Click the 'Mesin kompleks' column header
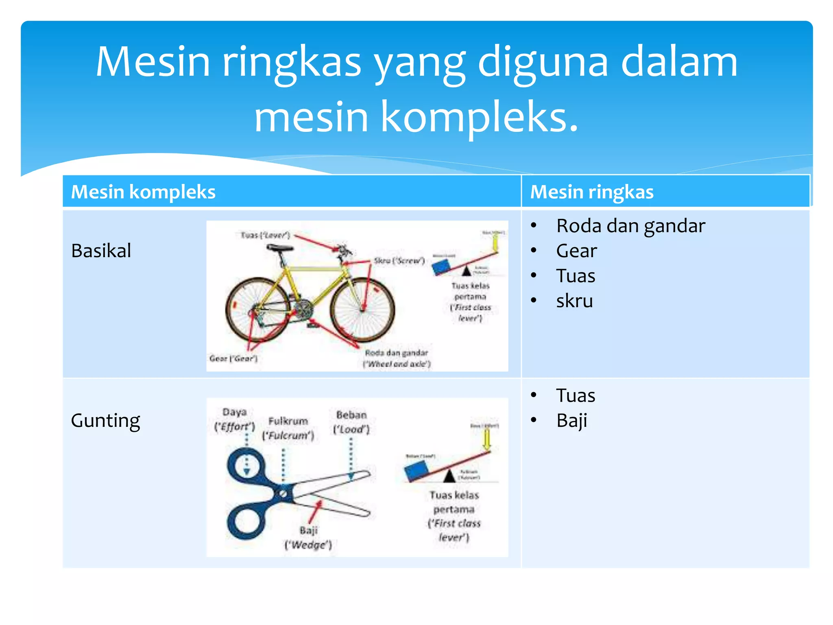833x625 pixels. (x=143, y=192)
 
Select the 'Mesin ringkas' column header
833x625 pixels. (x=592, y=192)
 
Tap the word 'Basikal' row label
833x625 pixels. (x=101, y=251)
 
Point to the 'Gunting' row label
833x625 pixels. (x=105, y=420)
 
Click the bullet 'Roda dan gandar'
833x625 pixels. (x=630, y=226)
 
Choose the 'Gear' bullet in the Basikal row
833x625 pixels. (x=576, y=251)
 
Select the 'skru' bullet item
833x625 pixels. (x=574, y=301)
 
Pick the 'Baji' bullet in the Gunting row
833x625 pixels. (x=571, y=420)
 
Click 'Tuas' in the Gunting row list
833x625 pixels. (x=576, y=396)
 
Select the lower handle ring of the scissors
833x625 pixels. (x=246, y=521)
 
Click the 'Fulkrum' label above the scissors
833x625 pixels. (x=288, y=421)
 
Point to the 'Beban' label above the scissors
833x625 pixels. (x=351, y=415)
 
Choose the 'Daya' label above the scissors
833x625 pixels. (x=235, y=412)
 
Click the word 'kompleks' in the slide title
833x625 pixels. (x=479, y=117)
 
